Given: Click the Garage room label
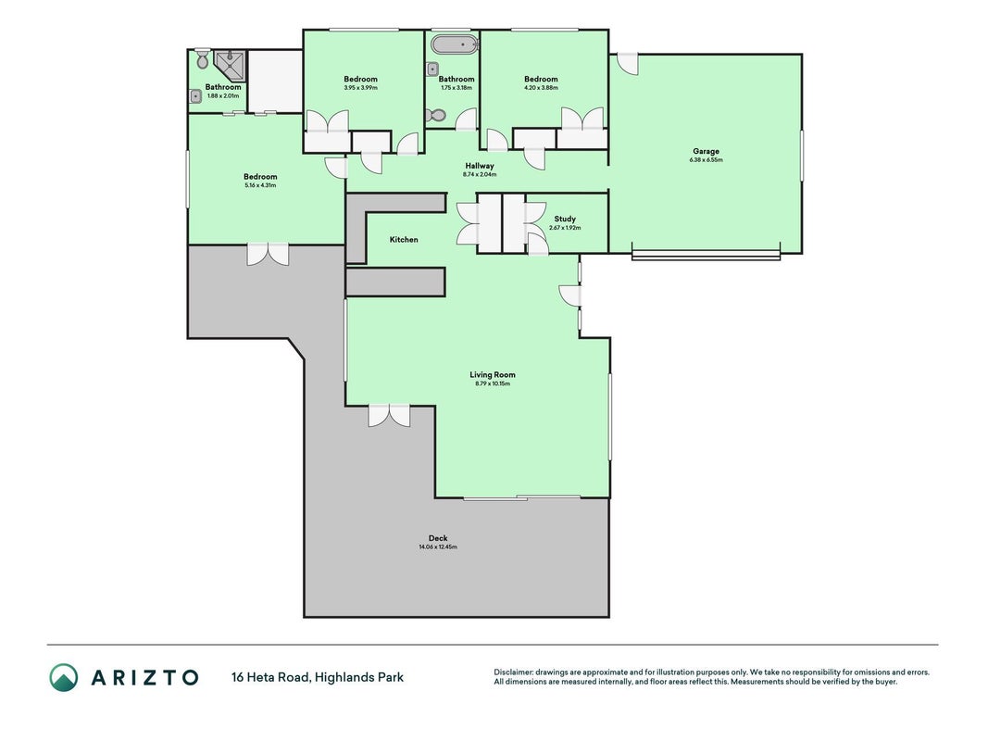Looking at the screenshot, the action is pyautogui.click(x=706, y=151).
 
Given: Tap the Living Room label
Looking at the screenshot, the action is pyautogui.click(x=492, y=374).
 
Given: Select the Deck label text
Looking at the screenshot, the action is pyautogui.click(x=438, y=538).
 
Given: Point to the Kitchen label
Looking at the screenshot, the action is pyautogui.click(x=404, y=240).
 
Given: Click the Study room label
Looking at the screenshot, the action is pyautogui.click(x=565, y=219).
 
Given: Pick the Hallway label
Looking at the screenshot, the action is pyautogui.click(x=480, y=166).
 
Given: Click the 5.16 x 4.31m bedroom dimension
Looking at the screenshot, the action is pyautogui.click(x=260, y=185).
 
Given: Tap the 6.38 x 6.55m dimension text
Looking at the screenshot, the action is pyautogui.click(x=706, y=160).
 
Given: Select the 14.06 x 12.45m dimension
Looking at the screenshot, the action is pyautogui.click(x=438, y=546).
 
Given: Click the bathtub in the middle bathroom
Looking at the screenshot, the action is pyautogui.click(x=455, y=44).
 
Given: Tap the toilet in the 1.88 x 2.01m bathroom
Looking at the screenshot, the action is pyautogui.click(x=202, y=58).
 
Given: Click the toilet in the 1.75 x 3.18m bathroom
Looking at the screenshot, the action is pyautogui.click(x=435, y=115).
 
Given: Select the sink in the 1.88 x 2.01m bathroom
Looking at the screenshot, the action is pyautogui.click(x=196, y=96).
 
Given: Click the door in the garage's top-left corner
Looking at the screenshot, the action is pyautogui.click(x=627, y=64).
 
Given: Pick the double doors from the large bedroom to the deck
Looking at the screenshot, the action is pyautogui.click(x=268, y=254).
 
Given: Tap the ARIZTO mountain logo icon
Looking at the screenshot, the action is pyautogui.click(x=64, y=677).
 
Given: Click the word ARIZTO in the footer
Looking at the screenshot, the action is pyautogui.click(x=145, y=677).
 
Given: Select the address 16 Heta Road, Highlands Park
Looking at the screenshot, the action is pyautogui.click(x=318, y=677).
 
